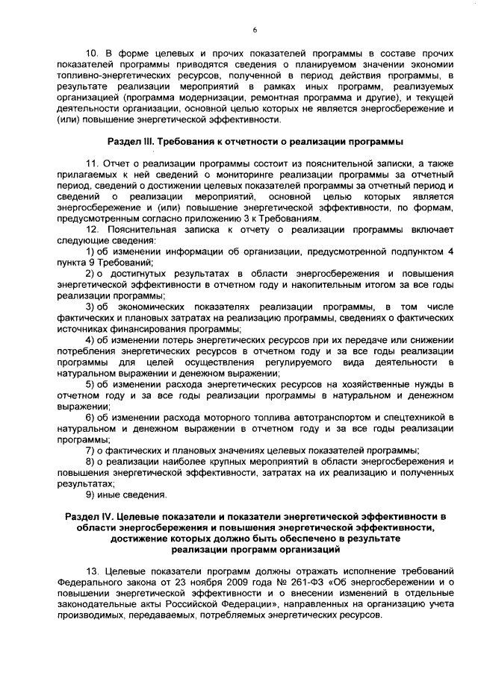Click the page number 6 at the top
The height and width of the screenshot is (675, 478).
[x=254, y=29]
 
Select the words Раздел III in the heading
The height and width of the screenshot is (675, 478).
[x=131, y=140]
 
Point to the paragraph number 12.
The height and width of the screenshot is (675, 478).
[x=94, y=230]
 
